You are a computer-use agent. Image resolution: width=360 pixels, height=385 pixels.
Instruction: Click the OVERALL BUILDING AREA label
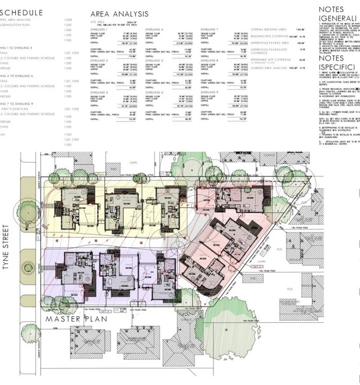click(x=267, y=30)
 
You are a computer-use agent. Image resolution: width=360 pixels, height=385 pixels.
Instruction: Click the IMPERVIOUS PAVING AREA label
click(x=269, y=42)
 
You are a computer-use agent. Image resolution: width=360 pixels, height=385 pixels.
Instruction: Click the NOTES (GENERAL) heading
click(x=332, y=13)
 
